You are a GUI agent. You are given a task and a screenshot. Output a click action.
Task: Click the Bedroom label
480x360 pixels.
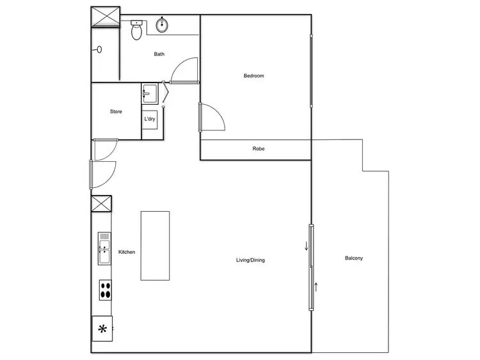[x=253, y=76]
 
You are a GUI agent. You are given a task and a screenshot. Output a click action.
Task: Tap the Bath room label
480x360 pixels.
[x=159, y=54]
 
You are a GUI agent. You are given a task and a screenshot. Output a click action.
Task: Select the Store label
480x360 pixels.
[x=116, y=112]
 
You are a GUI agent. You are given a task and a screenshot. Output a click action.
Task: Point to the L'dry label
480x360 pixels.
[x=150, y=119]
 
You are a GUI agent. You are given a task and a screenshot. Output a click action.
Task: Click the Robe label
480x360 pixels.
[x=259, y=149]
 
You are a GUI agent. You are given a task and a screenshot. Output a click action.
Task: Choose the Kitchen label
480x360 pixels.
[x=127, y=253]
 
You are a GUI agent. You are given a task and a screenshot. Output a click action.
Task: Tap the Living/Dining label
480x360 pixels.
[x=250, y=260]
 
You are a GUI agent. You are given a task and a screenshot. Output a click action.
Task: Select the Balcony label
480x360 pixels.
[x=354, y=258]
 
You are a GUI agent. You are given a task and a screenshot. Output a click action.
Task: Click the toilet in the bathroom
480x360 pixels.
[x=136, y=30]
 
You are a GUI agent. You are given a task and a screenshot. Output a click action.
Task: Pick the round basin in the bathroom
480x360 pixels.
[x=162, y=26]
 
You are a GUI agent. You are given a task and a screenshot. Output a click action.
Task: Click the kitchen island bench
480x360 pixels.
[x=155, y=246]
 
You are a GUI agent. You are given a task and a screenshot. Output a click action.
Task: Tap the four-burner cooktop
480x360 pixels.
[x=105, y=290]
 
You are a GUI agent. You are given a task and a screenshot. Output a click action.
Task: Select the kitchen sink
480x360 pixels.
[x=104, y=248]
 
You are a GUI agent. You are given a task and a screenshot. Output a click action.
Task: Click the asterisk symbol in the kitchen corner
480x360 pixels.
[x=102, y=330]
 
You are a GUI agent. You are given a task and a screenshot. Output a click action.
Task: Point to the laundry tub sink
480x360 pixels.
[x=149, y=93]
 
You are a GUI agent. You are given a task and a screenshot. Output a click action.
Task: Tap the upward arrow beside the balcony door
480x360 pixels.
[x=316, y=286]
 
